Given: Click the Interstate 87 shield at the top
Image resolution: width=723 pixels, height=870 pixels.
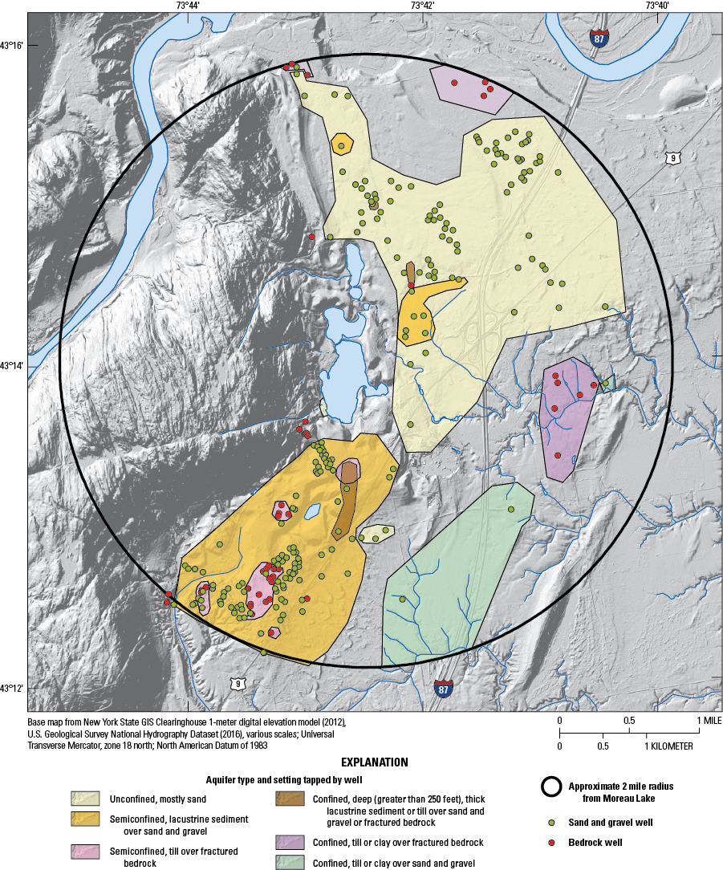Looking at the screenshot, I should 599,37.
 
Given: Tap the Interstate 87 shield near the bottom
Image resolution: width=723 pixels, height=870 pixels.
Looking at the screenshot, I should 443,688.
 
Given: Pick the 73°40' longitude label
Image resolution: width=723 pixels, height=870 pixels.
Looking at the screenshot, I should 657,6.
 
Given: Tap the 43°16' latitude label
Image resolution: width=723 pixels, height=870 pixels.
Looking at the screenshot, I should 14,45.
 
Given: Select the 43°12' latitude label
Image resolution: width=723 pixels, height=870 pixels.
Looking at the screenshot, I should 14,688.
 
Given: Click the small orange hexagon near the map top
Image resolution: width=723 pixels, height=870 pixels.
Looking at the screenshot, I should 343,145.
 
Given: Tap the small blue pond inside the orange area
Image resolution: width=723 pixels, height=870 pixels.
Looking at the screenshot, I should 312,509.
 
